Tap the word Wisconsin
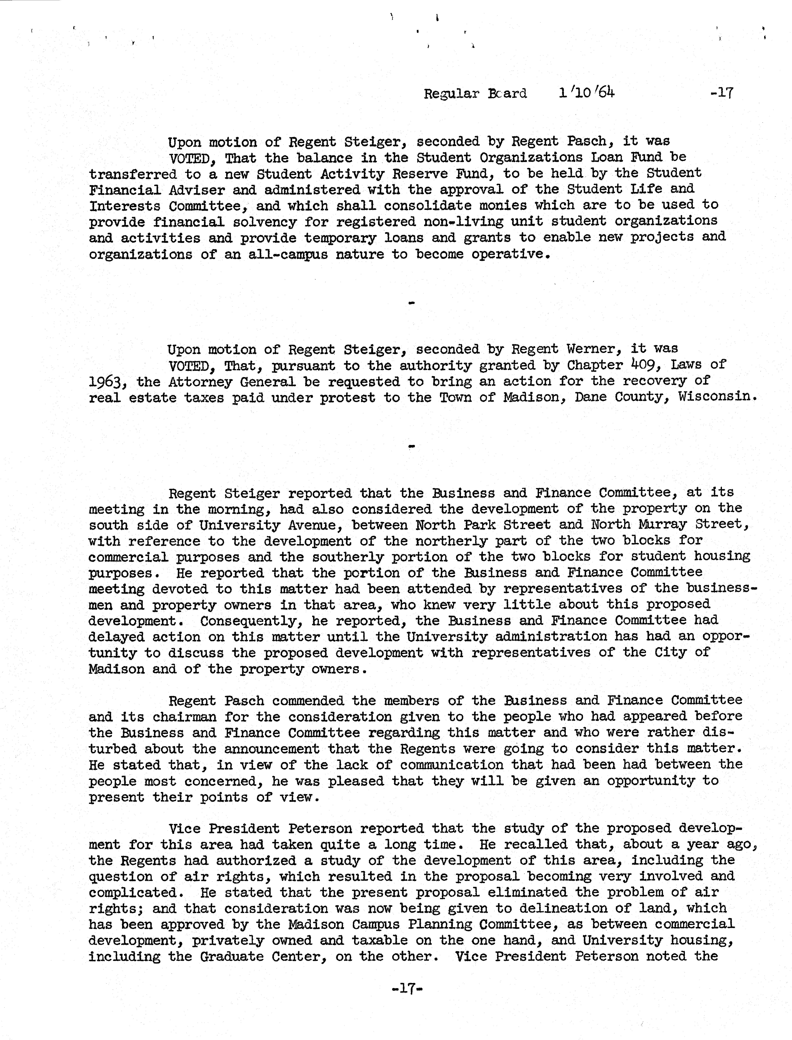pos(717,396)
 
